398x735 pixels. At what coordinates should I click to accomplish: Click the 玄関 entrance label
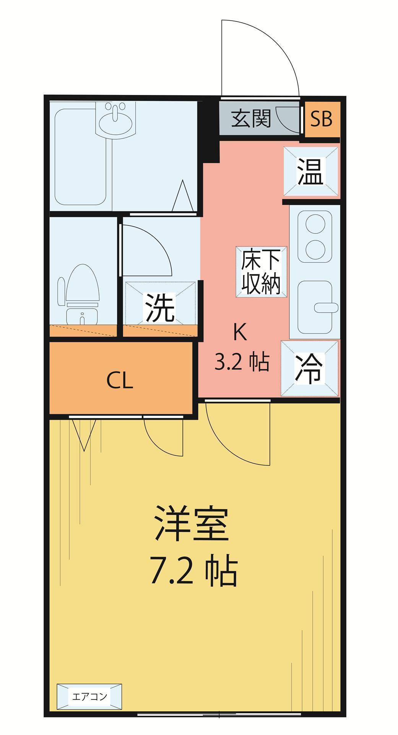251,119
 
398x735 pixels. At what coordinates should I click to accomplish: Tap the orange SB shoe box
321,119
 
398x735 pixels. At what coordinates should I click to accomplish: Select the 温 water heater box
310,171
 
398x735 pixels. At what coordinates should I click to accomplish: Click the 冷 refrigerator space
310,368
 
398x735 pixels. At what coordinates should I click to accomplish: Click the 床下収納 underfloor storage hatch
261,271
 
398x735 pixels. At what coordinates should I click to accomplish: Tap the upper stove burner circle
316,224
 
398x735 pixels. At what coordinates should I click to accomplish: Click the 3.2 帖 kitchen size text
242,363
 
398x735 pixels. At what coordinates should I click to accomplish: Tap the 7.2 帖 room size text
194,572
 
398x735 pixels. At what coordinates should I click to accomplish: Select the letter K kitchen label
240,333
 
